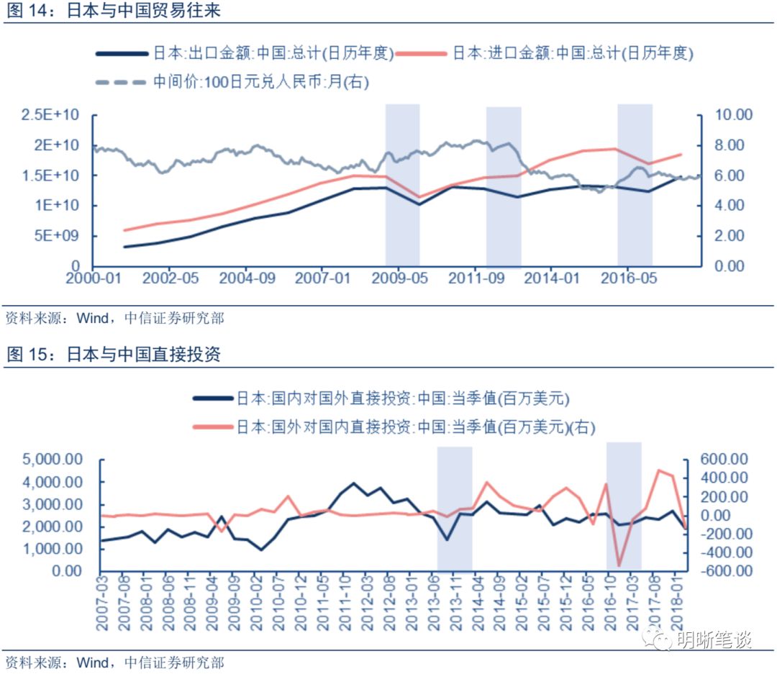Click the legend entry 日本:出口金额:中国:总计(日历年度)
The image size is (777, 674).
click(x=273, y=53)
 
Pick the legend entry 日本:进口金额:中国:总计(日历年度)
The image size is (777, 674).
click(x=573, y=53)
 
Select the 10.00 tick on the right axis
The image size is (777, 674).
click(x=733, y=115)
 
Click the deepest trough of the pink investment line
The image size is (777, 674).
click(x=618, y=566)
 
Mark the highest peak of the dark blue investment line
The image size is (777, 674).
click(x=353, y=483)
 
